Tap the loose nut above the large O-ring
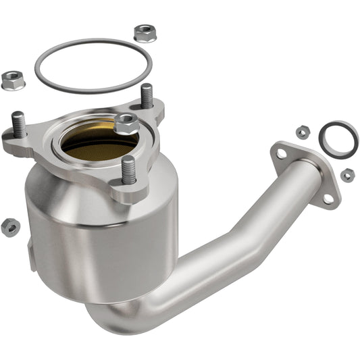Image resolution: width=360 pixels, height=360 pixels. [143, 32]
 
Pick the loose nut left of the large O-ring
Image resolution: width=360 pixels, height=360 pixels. [12, 80]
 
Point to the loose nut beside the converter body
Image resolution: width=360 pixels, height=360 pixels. [9, 227]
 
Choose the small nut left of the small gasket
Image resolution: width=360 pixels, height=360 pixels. [302, 132]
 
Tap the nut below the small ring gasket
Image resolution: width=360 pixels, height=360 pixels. [347, 175]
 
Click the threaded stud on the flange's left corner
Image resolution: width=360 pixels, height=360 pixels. [19, 124]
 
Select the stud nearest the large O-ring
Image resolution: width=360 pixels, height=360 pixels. [147, 95]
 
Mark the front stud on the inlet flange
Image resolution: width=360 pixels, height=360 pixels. [128, 170]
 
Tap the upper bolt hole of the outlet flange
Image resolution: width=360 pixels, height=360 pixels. [280, 155]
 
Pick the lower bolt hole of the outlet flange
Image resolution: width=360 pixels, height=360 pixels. [328, 197]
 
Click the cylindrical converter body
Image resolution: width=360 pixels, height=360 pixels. [101, 236]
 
